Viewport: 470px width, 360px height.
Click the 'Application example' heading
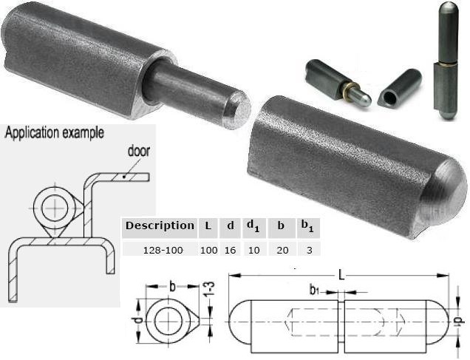55,133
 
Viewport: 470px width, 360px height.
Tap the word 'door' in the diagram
138,151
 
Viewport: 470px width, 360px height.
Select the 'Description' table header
160,225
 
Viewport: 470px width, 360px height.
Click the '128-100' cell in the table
163,250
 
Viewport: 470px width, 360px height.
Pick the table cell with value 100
208,250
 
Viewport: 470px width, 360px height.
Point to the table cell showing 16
231,250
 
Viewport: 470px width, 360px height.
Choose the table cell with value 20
282,250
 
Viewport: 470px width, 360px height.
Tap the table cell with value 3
310,250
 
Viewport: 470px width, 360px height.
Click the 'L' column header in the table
208,225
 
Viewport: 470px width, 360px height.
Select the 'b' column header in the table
281,225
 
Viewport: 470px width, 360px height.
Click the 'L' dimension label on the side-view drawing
341,275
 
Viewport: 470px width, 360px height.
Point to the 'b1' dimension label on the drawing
314,291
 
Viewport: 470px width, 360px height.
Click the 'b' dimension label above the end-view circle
172,287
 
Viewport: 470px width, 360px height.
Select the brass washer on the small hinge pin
348,89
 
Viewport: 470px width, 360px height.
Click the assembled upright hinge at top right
446,60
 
